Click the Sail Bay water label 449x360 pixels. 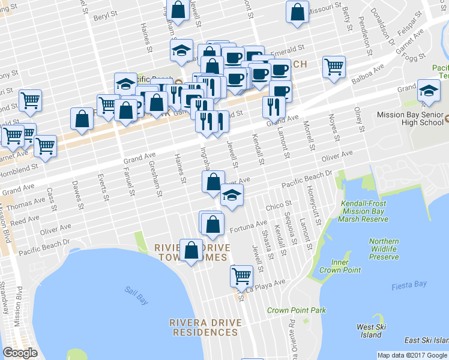click(136, 292)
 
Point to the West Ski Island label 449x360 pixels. click(370, 331)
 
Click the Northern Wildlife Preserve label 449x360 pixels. click(384, 249)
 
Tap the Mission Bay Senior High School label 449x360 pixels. click(410, 119)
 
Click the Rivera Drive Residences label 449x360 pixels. click(206, 326)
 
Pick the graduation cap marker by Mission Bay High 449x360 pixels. click(428, 90)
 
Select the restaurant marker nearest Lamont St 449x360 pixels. click(271, 107)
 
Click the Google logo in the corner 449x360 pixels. click(20, 353)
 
